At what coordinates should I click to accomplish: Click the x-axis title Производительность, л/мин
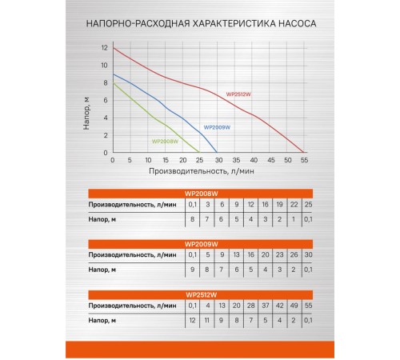tap(199, 170)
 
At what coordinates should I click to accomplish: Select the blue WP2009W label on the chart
tap(217, 127)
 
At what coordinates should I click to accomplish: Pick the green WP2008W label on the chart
tap(164, 142)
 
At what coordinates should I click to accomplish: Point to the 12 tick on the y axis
tap(103, 48)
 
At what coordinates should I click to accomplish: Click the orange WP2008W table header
tap(200, 194)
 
